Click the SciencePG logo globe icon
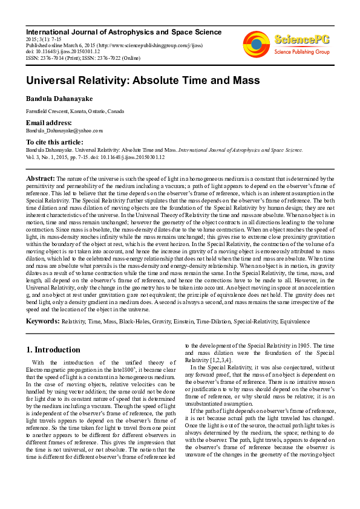click(257, 44)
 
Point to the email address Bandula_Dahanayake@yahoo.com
click(64, 130)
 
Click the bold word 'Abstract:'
click(40, 179)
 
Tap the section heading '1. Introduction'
click(54, 349)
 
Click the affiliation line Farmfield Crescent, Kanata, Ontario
click(75, 112)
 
